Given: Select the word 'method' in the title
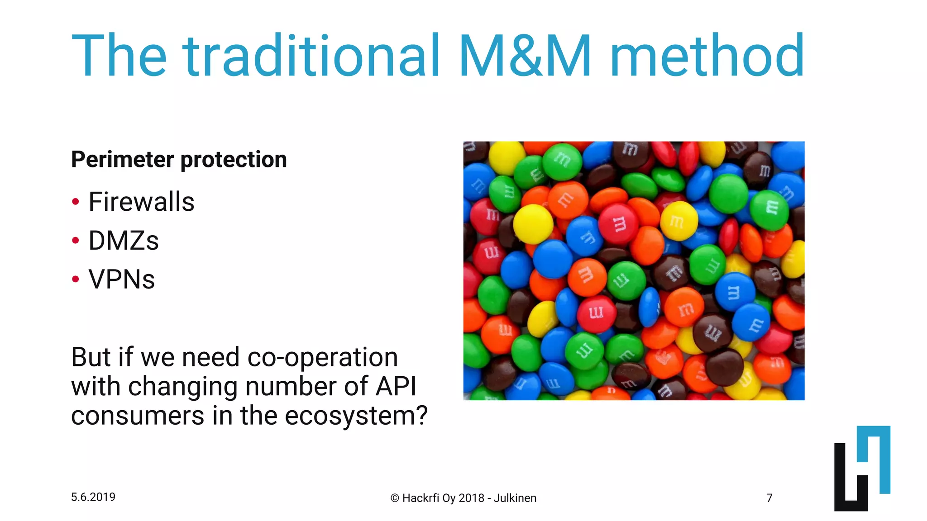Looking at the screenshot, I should click(x=707, y=57).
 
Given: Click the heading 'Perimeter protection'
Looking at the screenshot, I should click(x=179, y=160).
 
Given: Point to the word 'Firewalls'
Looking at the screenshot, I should click(x=141, y=202).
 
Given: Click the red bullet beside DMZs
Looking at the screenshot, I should click(x=76, y=241).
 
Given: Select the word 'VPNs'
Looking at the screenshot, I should click(x=121, y=279).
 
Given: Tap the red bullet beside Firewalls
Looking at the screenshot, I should click(x=76, y=202).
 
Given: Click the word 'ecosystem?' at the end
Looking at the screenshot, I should click(x=356, y=416).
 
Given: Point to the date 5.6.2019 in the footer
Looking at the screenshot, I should click(x=93, y=497).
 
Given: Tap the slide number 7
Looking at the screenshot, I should click(x=769, y=498).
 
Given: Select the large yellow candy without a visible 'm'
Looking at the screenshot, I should click(x=533, y=224).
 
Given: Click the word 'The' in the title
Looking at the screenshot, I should click(x=119, y=57).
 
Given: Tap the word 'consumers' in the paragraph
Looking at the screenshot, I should click(x=138, y=416).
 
